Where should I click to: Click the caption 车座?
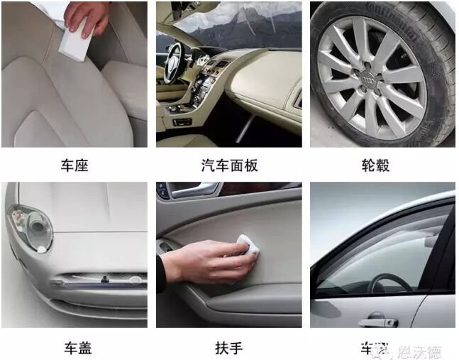[74, 166]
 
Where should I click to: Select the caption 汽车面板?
[229, 166]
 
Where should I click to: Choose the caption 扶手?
[229, 347]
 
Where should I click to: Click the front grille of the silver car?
[99, 279]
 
